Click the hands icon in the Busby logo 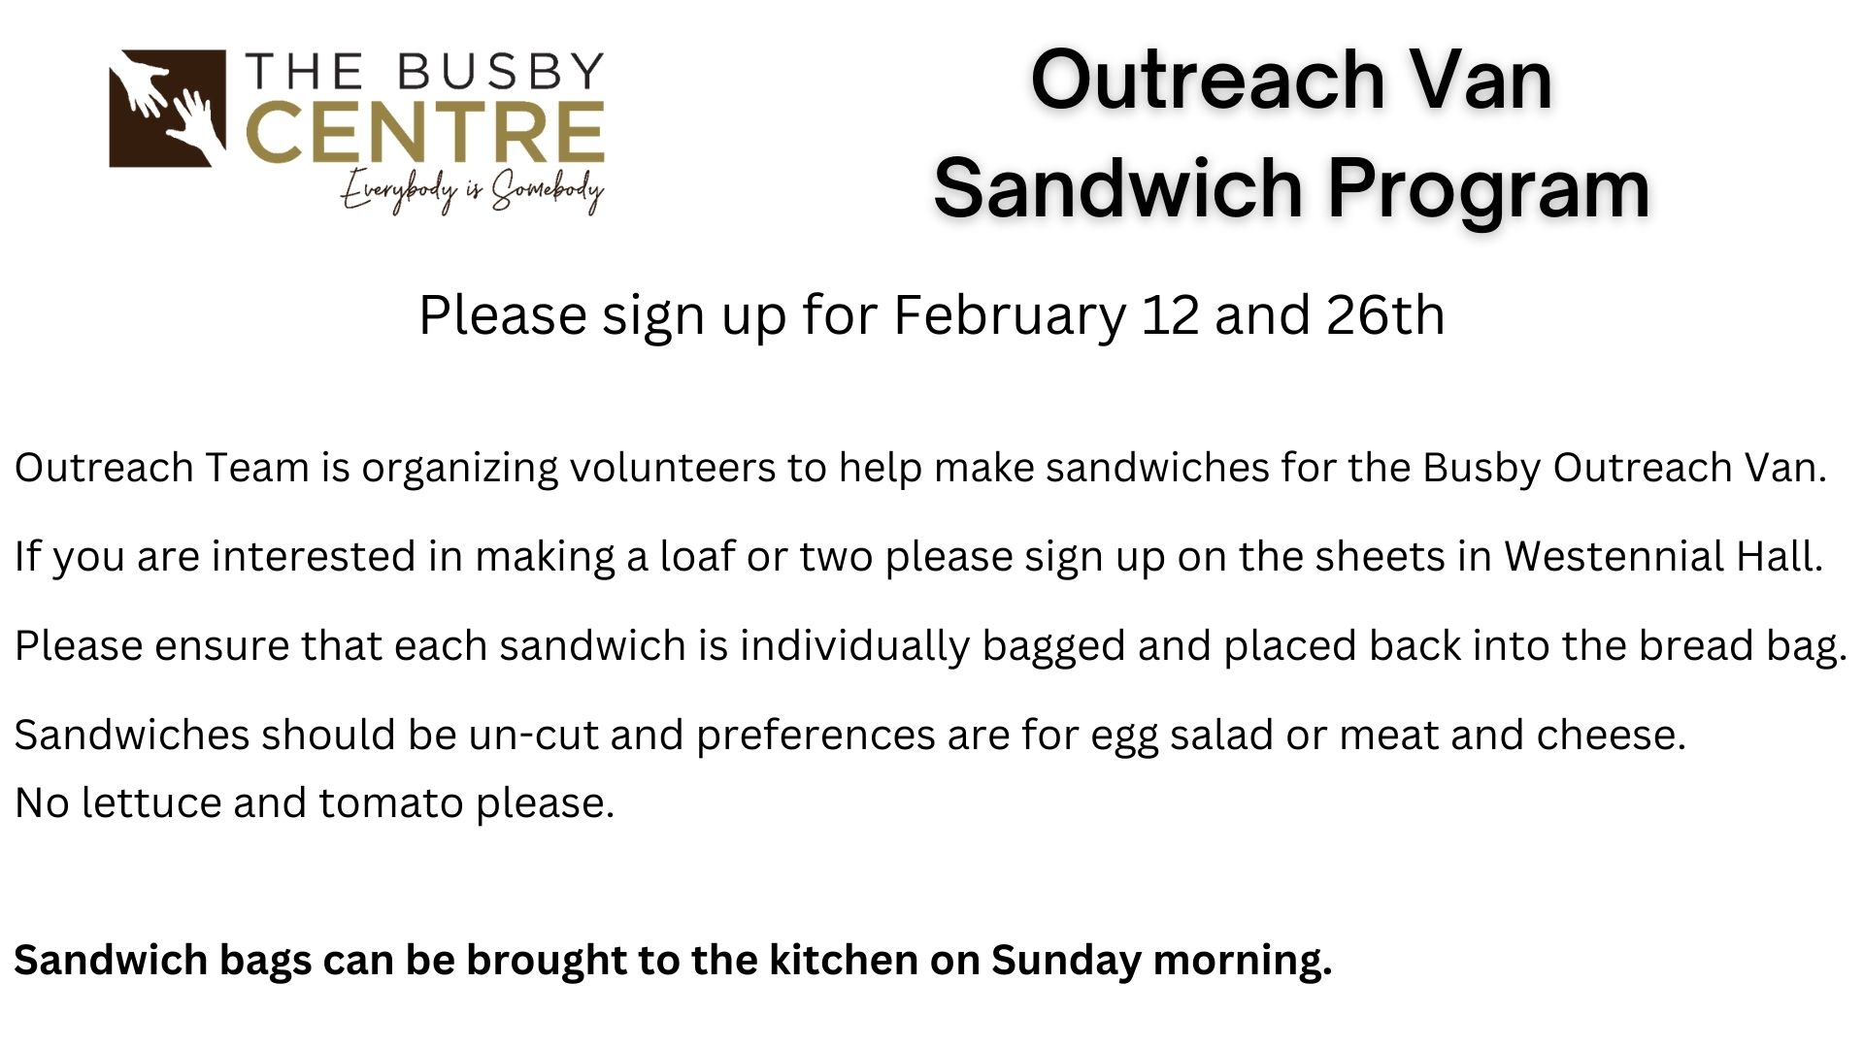pos(168,109)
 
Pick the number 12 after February pos(1170,315)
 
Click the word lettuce pos(151,803)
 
